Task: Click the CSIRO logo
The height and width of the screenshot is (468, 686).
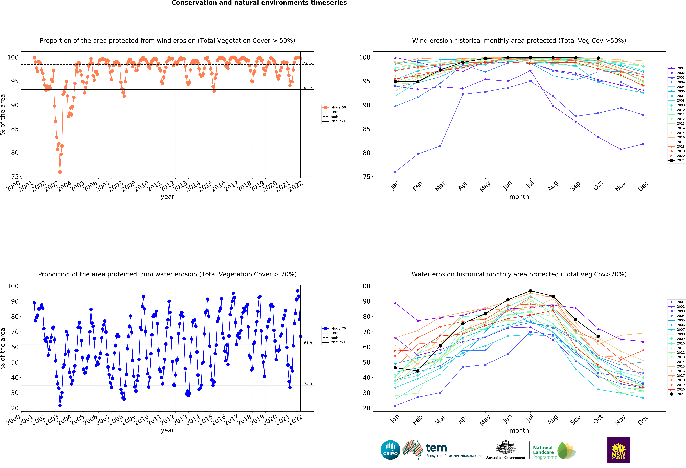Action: tap(390, 450)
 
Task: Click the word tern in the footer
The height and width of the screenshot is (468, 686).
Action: tap(436, 448)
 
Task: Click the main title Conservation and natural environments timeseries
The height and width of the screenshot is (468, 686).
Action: tap(259, 3)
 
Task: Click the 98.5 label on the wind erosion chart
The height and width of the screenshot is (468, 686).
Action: tap(308, 63)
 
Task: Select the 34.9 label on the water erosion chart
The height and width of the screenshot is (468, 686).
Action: tap(308, 384)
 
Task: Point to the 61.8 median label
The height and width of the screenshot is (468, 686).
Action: tap(308, 343)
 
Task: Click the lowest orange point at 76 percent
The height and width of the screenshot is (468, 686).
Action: tap(60, 172)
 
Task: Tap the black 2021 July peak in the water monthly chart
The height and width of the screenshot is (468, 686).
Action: tap(530, 291)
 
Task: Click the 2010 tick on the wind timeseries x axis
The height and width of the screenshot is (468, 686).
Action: tap(142, 186)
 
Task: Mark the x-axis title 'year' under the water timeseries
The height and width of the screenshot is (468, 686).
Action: tap(167, 430)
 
